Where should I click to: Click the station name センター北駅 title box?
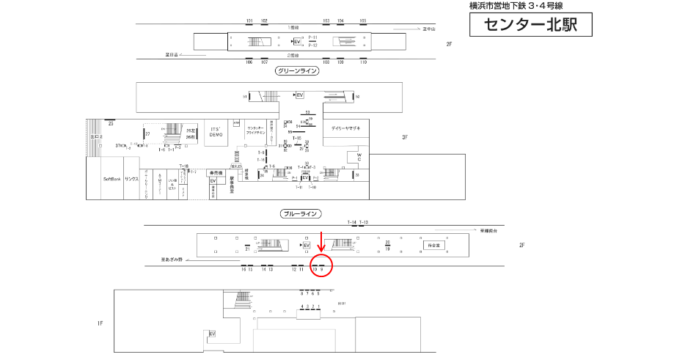[x=528, y=26]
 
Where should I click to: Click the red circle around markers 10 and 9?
[x=322, y=265]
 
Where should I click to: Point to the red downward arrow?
[x=320, y=243]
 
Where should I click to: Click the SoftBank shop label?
[x=112, y=179]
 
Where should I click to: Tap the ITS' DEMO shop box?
[x=216, y=133]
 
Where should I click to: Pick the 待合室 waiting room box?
[x=432, y=245]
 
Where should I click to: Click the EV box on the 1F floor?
[x=213, y=334]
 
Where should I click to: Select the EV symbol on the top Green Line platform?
[x=297, y=41]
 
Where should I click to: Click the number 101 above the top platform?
[x=249, y=21]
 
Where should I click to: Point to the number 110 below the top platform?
[x=363, y=62]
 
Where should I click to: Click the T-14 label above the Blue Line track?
[x=352, y=222]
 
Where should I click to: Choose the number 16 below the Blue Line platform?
[x=243, y=270]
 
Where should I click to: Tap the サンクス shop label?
[x=131, y=179]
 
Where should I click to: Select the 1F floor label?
[x=100, y=323]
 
